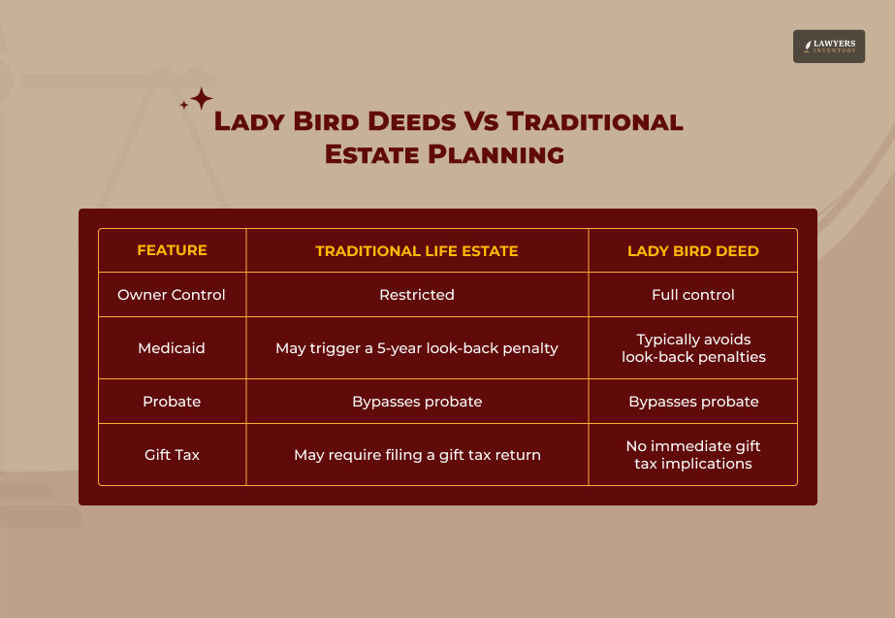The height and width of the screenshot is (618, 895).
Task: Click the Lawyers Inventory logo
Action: point(828,47)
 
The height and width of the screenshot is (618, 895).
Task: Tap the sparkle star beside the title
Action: point(199,99)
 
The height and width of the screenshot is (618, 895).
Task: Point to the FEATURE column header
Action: point(172,250)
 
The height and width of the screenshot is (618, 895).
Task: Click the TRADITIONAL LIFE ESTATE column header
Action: point(417,250)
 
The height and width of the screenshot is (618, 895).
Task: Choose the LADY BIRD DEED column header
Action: point(693,250)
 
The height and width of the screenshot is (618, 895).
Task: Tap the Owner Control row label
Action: point(172,295)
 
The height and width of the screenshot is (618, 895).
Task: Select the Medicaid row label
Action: point(172,347)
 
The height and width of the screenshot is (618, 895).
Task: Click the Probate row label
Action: point(172,402)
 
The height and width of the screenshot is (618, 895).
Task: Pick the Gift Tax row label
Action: point(172,454)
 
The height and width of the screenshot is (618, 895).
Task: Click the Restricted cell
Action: point(417,295)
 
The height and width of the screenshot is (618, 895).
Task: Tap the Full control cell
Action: point(693,295)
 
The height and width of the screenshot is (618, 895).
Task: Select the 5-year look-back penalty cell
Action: point(417,347)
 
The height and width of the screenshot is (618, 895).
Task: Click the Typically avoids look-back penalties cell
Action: point(693,348)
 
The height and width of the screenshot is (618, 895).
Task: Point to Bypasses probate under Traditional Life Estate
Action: point(417,402)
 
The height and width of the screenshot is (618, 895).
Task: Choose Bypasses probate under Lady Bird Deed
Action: point(693,402)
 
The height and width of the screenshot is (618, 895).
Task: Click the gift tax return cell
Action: point(417,454)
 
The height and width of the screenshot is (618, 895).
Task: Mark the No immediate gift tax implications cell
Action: point(693,454)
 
